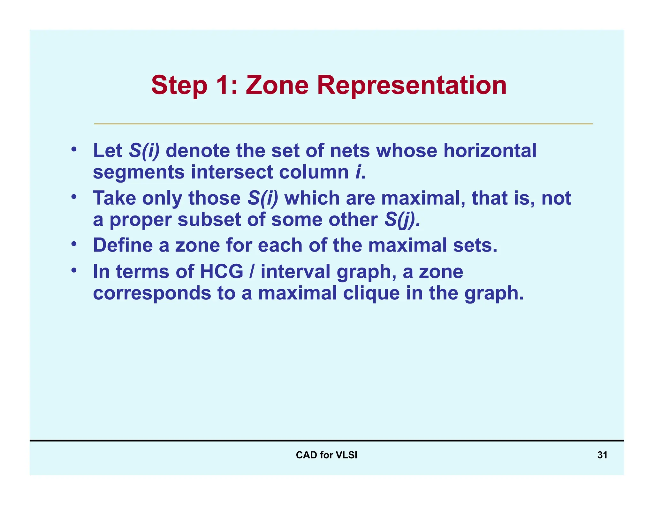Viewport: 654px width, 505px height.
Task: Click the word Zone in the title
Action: click(277, 85)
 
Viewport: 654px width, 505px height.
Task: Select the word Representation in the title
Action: click(412, 85)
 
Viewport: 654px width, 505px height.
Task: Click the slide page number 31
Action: click(602, 455)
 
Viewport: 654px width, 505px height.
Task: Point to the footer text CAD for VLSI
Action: click(326, 455)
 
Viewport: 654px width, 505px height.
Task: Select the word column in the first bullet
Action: click(314, 172)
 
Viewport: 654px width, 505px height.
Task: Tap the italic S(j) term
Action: click(402, 220)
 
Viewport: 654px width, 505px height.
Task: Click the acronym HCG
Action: click(221, 272)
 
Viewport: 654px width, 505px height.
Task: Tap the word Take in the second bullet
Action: click(114, 198)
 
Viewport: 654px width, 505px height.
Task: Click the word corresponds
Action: click(152, 294)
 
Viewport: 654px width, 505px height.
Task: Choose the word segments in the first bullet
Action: click(139, 173)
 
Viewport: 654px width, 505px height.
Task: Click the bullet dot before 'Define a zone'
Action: click(74, 244)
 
